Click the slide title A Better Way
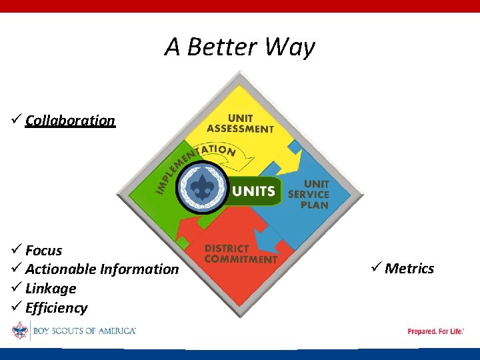tap(240, 47)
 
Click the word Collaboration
tap(70, 121)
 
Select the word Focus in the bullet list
tap(43, 251)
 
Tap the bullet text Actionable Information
tap(102, 269)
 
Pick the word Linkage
tap(51, 289)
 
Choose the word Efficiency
tap(56, 308)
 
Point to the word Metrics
tap(409, 269)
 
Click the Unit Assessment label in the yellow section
tap(240, 123)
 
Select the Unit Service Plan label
tap(309, 194)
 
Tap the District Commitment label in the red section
tap(240, 254)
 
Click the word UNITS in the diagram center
tap(253, 191)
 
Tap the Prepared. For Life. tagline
tap(435, 331)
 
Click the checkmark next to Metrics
tap(375, 268)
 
